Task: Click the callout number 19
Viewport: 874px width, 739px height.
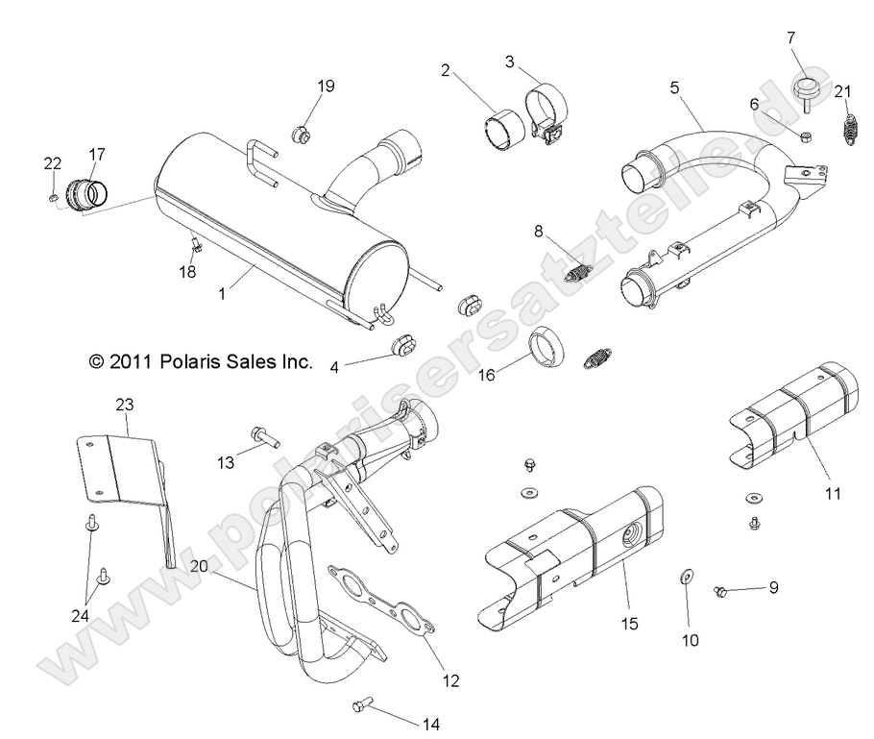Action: point(326,86)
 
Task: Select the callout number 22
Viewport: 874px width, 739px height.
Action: point(51,164)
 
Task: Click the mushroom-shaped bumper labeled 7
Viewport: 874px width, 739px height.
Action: point(804,93)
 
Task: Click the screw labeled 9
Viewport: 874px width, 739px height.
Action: point(721,592)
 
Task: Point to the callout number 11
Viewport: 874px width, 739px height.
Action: point(832,493)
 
